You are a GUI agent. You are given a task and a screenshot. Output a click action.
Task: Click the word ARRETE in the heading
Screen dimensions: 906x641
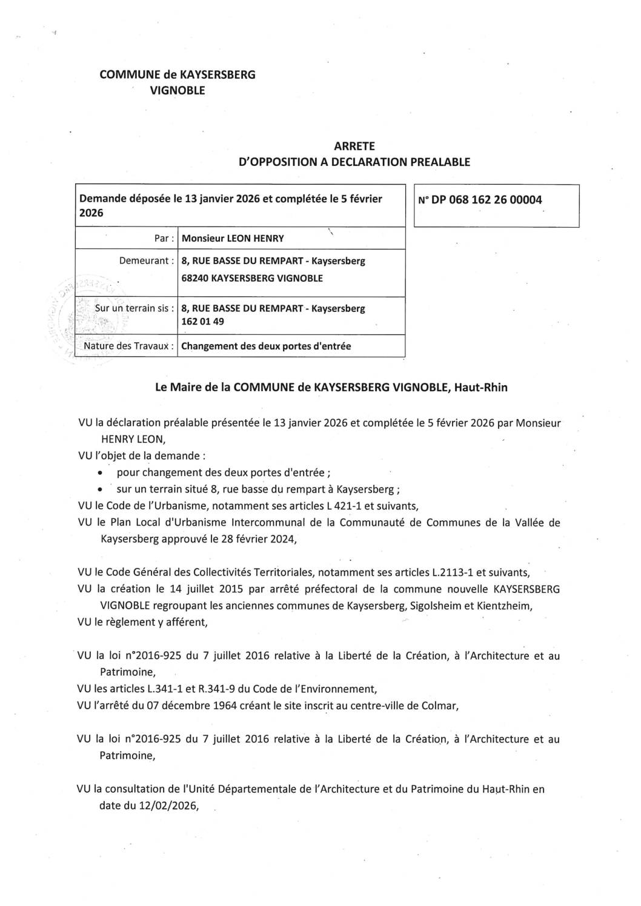363,147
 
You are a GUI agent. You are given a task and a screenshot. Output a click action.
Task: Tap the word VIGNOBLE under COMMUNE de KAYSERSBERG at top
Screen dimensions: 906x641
178,91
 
